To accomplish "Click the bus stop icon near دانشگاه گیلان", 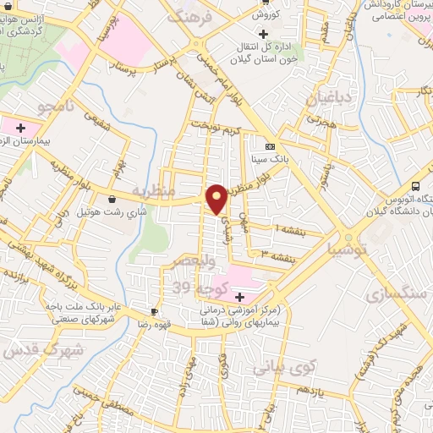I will pos(415,187).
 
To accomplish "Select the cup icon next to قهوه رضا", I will pos(154,310).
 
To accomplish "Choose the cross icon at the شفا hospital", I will pos(239,298).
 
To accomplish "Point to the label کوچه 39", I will pos(195,288).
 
